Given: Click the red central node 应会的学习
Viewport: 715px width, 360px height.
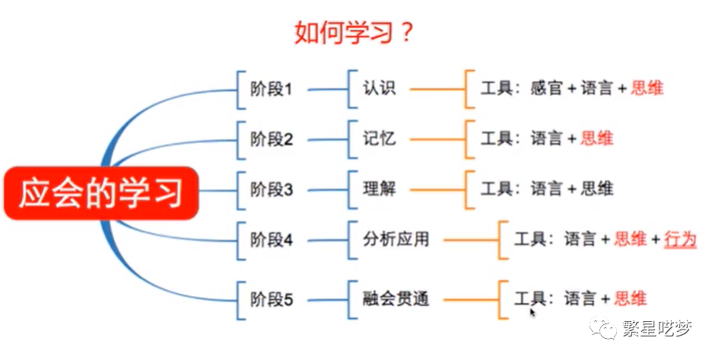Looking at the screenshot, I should (x=101, y=192).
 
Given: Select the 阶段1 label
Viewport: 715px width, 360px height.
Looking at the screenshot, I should (x=272, y=89).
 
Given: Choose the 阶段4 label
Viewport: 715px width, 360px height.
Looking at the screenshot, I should (x=272, y=240).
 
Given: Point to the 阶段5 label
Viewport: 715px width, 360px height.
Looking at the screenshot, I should (x=272, y=298).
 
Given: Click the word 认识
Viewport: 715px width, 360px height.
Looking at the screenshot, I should (x=379, y=88).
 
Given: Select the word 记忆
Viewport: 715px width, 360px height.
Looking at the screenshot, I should (x=379, y=139).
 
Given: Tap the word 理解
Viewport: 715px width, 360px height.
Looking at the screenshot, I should (x=379, y=188).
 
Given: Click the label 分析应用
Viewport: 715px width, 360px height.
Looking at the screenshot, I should (x=396, y=240).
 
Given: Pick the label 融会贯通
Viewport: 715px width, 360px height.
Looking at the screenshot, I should (x=396, y=298).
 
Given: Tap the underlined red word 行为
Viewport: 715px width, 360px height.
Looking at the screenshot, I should (x=680, y=240).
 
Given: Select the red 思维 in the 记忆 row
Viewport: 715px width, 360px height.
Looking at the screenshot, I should (x=596, y=139).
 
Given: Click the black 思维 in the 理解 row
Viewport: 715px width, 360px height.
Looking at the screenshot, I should (x=596, y=188).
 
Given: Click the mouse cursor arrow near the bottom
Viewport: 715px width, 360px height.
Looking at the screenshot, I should (x=532, y=311).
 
